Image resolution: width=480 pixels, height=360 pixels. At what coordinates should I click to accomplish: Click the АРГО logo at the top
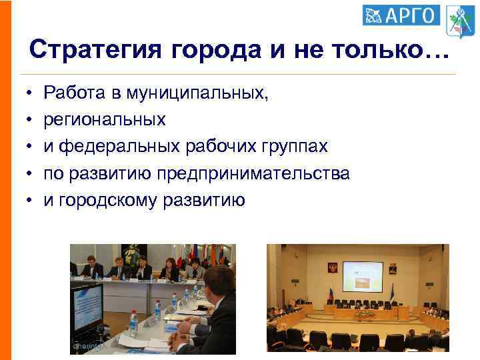pos(401,15)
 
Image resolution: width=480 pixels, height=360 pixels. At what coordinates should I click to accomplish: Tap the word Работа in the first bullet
pos(74,94)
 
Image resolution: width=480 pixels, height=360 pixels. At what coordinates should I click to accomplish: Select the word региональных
pos(105,121)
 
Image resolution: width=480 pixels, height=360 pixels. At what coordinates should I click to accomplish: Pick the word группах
pos(302,147)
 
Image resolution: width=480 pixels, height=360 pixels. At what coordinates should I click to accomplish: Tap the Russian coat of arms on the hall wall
pos(332,269)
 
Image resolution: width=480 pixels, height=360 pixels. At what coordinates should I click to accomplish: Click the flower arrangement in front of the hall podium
pos(365,313)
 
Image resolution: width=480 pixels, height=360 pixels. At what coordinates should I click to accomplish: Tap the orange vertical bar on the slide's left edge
pos(5,180)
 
